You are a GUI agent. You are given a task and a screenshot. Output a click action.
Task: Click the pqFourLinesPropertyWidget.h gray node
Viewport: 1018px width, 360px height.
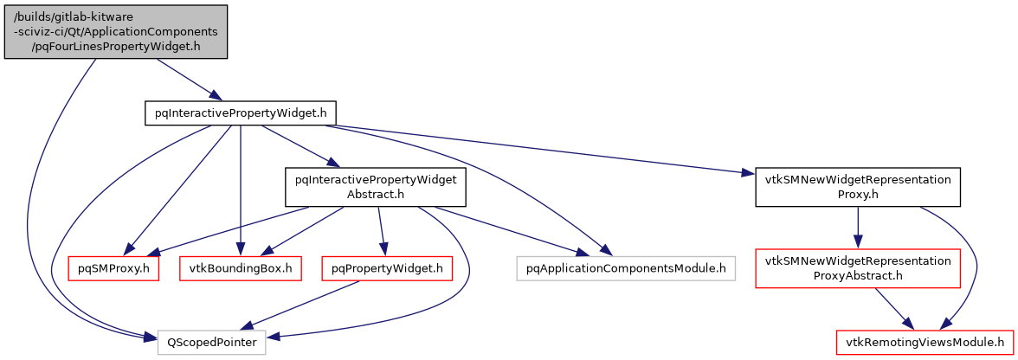coord(116,32)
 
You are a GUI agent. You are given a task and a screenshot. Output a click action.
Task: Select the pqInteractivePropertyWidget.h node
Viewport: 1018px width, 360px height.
coord(240,113)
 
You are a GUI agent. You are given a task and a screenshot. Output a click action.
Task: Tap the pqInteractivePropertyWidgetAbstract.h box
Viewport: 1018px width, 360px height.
coord(376,187)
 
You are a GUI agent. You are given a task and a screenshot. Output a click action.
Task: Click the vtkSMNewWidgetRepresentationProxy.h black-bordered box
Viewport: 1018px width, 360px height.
coord(858,187)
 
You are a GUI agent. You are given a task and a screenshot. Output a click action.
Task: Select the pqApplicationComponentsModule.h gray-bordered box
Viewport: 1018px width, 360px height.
coord(625,268)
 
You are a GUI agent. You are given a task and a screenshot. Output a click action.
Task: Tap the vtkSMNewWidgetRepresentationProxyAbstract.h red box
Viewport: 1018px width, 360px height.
coord(858,268)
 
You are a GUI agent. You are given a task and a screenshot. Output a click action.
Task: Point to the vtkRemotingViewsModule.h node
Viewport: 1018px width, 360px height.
coord(925,342)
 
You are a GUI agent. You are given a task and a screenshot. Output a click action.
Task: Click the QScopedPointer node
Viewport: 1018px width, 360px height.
coord(212,342)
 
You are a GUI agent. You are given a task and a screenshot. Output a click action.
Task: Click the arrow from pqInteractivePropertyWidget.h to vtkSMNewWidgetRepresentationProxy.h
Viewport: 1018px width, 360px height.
coord(537,150)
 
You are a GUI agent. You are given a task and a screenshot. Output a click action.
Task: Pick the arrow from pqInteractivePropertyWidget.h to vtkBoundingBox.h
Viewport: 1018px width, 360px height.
coord(240,190)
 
